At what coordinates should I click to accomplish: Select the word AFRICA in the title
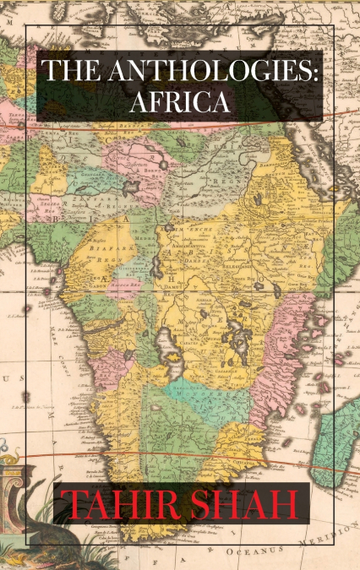coord(180,102)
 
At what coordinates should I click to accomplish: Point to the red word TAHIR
coord(121,507)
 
